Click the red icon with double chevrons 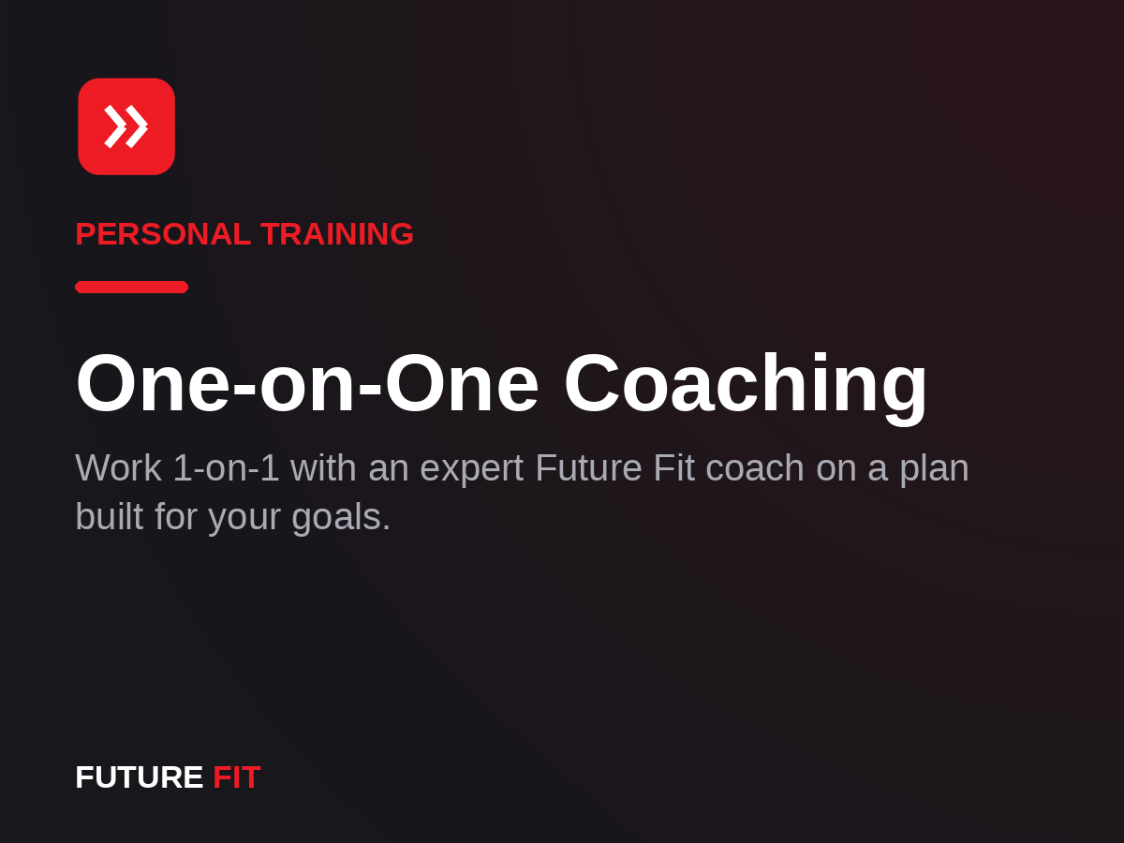126,126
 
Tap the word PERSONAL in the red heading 163,234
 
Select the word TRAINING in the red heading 337,234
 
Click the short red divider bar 132,288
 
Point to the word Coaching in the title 746,387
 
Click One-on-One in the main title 307,383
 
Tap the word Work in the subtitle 119,467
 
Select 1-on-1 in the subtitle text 227,467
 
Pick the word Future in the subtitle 588,467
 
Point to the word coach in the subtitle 755,467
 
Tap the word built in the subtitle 109,516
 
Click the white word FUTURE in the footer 140,777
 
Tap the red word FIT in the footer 237,777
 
